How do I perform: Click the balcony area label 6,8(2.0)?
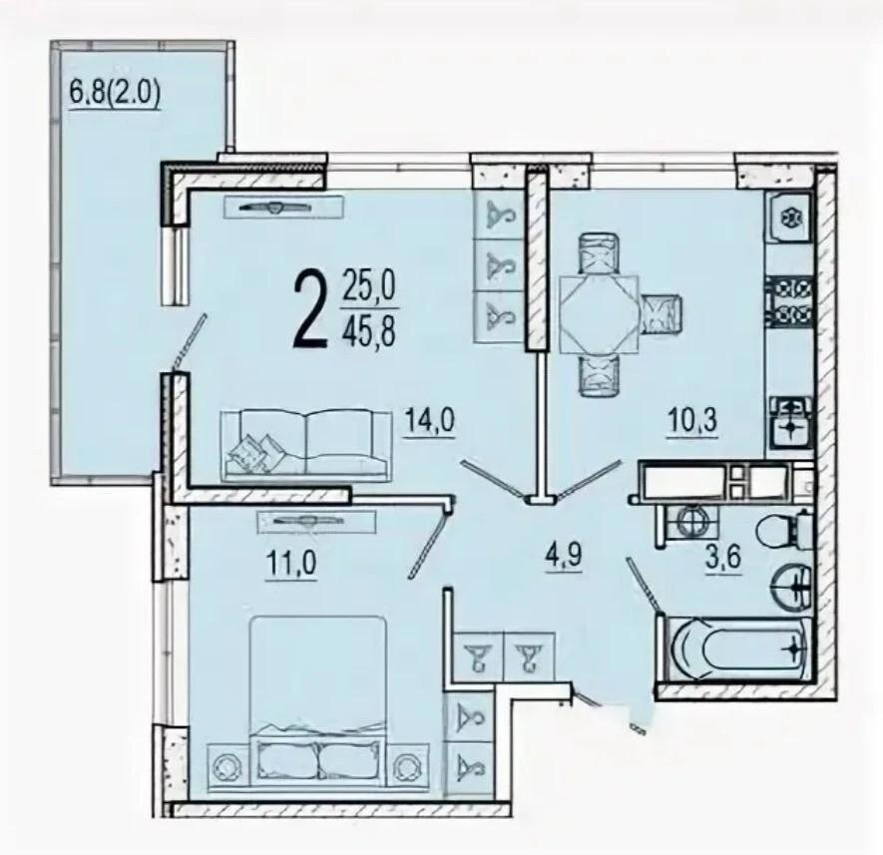(x=115, y=93)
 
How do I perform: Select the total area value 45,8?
(x=368, y=330)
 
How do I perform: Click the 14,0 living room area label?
(x=430, y=421)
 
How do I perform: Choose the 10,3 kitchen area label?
(x=692, y=422)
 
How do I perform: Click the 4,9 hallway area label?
(x=563, y=557)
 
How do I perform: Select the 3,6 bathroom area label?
(x=722, y=558)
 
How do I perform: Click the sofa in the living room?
(x=306, y=446)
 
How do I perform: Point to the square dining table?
(x=599, y=313)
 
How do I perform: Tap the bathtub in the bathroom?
(x=737, y=648)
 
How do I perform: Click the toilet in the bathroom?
(x=783, y=531)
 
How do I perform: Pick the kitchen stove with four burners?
(x=790, y=301)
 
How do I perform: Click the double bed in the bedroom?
(x=318, y=701)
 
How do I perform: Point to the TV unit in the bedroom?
(x=316, y=521)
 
